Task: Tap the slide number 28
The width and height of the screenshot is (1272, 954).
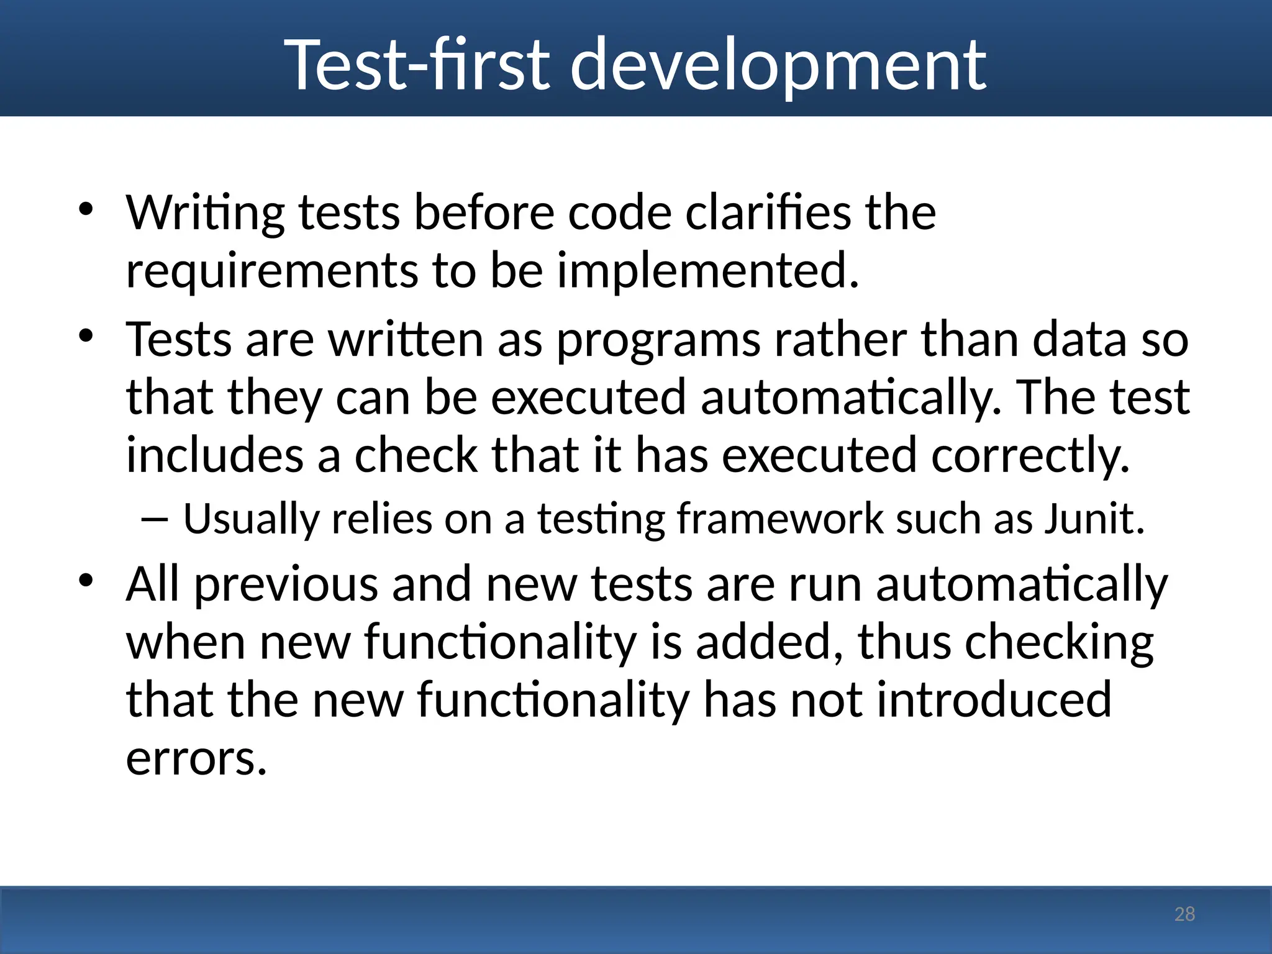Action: pyautogui.click(x=1184, y=914)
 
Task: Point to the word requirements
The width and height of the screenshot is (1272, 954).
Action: pyautogui.click(x=272, y=272)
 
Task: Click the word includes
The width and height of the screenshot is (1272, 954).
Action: pyautogui.click(x=215, y=455)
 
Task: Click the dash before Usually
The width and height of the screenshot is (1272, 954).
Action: pyautogui.click(x=154, y=519)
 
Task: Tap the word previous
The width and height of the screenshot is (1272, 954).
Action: pyautogui.click(x=286, y=585)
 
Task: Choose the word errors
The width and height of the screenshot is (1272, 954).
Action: pyautogui.click(x=196, y=759)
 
